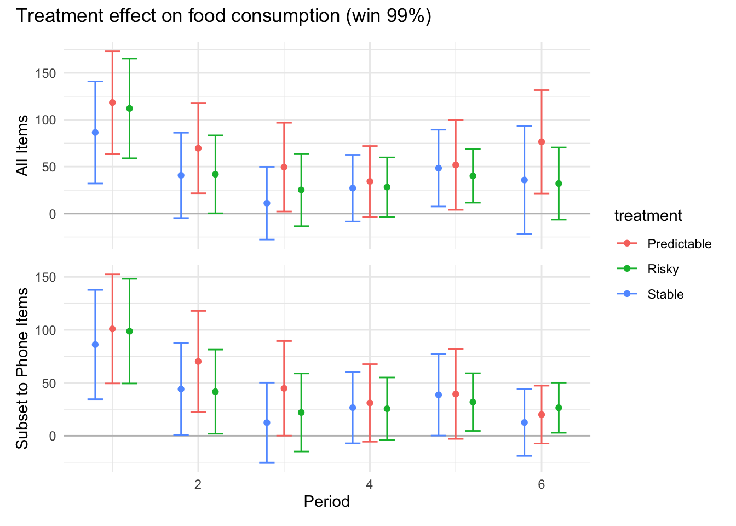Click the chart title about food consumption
click(x=223, y=16)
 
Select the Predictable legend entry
click(x=679, y=244)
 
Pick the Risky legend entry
click(x=663, y=269)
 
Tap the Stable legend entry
click(x=665, y=294)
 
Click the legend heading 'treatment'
click(x=648, y=216)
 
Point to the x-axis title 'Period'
click(x=326, y=501)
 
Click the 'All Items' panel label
click(x=22, y=145)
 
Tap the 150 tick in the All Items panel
click(x=45, y=73)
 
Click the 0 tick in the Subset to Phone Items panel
click(x=52, y=436)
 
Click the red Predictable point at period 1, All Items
click(x=112, y=102)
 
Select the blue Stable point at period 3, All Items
click(x=267, y=203)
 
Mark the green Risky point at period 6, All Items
click(x=559, y=184)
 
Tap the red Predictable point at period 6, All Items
click(x=542, y=142)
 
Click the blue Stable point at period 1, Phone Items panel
click(x=95, y=345)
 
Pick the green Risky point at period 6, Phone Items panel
click(x=559, y=408)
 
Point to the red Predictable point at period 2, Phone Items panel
click(x=198, y=362)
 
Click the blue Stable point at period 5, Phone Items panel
click(x=439, y=395)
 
